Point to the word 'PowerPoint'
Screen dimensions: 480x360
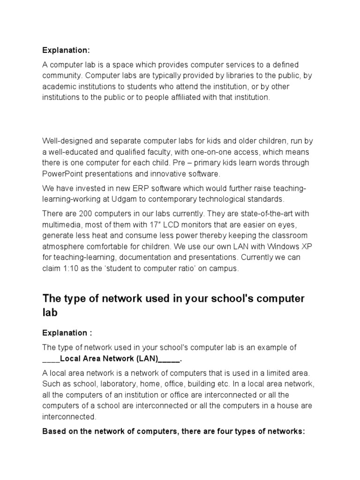(x=62, y=174)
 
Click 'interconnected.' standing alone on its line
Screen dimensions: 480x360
(x=69, y=416)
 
